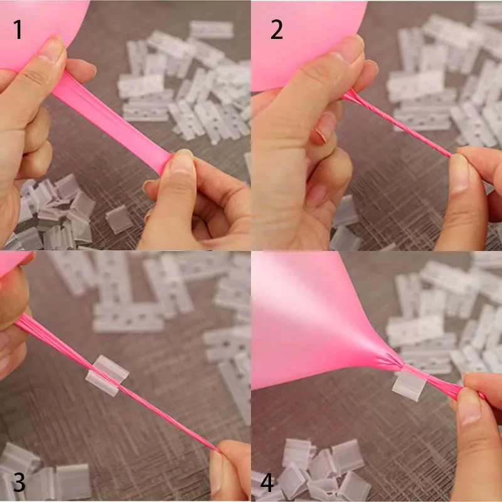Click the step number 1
point(18,29)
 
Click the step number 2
point(277,29)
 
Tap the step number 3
point(19,482)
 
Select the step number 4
point(267,482)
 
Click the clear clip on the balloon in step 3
point(107,375)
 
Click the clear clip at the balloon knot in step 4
point(409,383)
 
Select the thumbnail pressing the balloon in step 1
point(52,49)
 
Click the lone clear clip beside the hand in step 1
point(119,219)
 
